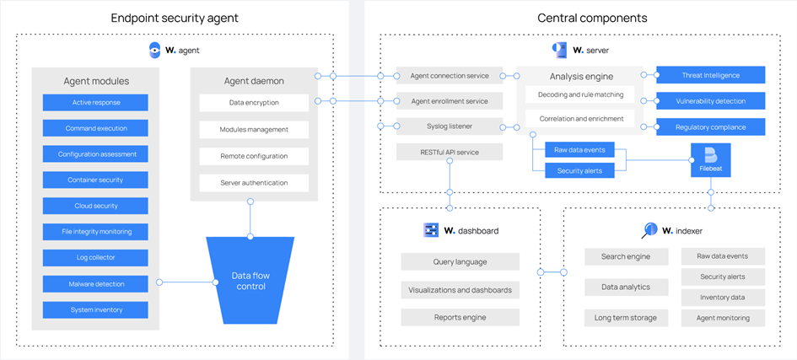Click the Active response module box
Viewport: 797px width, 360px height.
(x=94, y=103)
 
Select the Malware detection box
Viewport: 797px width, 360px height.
(x=94, y=284)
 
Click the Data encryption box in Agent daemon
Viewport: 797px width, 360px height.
(x=254, y=103)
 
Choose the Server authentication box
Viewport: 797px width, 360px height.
(x=254, y=183)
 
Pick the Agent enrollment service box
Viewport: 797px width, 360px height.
(x=449, y=101)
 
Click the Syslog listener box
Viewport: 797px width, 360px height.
(x=449, y=126)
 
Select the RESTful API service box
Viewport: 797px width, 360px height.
(x=449, y=153)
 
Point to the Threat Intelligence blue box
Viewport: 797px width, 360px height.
(x=711, y=75)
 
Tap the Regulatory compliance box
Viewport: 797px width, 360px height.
(x=711, y=127)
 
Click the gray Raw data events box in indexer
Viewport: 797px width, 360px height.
(x=722, y=255)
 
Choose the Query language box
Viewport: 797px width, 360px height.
(x=460, y=262)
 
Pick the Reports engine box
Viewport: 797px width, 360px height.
(x=460, y=318)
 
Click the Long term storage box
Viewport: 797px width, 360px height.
(x=625, y=318)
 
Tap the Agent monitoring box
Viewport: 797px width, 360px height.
(x=722, y=318)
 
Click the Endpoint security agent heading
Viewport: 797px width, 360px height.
(x=175, y=18)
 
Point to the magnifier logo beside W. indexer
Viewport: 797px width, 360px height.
(x=649, y=229)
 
